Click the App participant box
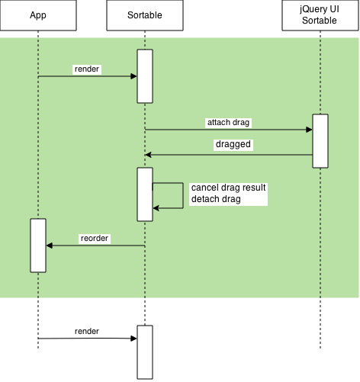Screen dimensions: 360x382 point(38,15)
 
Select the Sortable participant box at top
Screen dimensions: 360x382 point(145,15)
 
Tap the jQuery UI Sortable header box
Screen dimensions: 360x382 point(320,15)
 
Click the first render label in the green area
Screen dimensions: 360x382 point(87,69)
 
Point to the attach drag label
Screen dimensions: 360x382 point(228,123)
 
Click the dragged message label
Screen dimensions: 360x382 point(233,144)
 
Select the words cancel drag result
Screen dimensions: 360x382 point(228,188)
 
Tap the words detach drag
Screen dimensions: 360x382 point(216,199)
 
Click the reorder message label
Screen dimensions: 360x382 point(95,239)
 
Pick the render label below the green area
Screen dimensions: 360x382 point(87,332)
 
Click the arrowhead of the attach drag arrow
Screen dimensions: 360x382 point(309,130)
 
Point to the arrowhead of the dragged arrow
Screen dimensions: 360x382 point(148,155)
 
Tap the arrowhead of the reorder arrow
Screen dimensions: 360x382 point(50,246)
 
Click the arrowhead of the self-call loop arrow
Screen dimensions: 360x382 point(156,208)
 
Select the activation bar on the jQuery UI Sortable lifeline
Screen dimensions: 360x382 point(320,141)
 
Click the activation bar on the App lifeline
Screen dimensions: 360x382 point(38,246)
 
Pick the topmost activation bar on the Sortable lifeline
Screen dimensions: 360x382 point(145,76)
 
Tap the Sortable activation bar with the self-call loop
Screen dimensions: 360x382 point(145,194)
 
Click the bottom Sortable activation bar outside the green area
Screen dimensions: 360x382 point(145,352)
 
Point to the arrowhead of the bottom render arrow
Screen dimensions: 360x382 point(133,339)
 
